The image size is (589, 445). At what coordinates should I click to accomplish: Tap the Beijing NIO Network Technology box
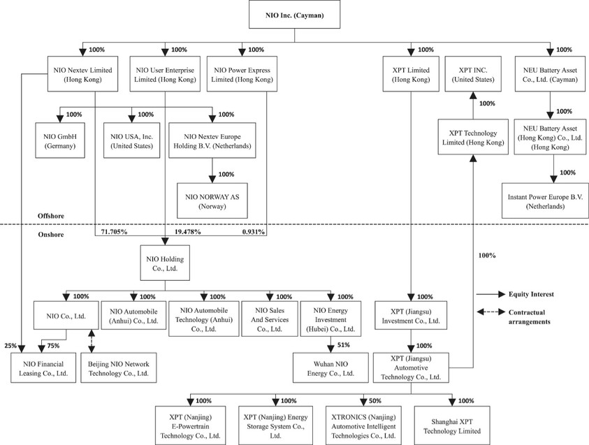pyautogui.click(x=118, y=368)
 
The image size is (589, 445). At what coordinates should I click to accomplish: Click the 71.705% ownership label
pyautogui.click(x=111, y=231)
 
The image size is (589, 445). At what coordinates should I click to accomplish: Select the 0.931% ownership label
pyautogui.click(x=253, y=231)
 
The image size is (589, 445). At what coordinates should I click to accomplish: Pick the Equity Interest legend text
pyautogui.click(x=539, y=294)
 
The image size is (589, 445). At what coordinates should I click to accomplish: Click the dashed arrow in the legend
pyautogui.click(x=491, y=312)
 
